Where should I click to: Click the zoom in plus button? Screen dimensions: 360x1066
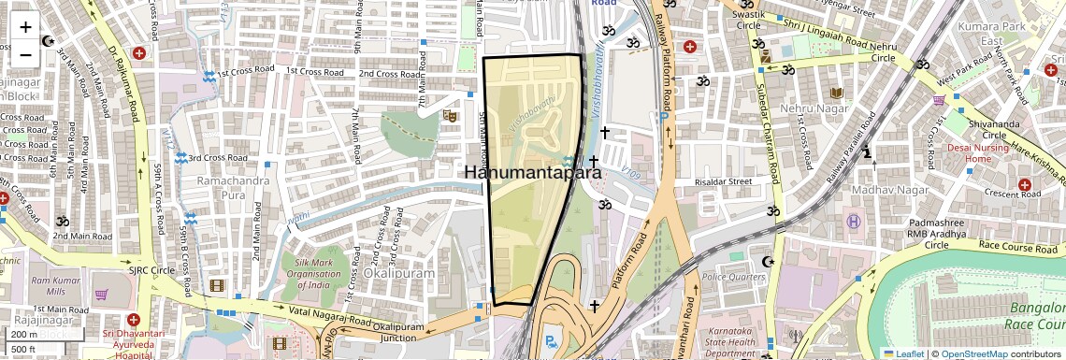[x=25, y=27]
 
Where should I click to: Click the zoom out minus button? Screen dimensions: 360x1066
[x=25, y=54]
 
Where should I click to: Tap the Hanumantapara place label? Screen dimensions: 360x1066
[x=532, y=172]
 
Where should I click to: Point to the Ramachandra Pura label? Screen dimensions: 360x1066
[x=220, y=187]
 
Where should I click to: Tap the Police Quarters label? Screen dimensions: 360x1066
[x=734, y=277]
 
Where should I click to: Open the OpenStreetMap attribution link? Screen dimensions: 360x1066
[x=973, y=353]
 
